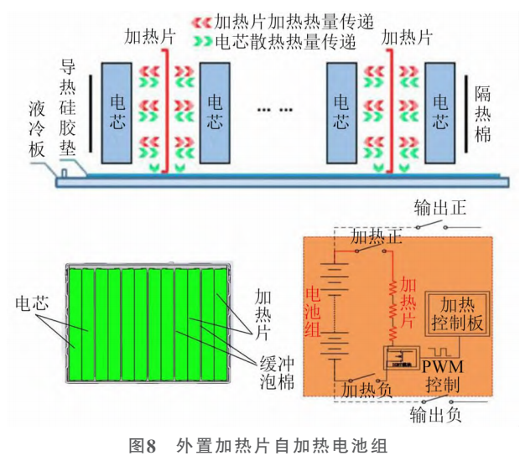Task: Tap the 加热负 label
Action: pyautogui.click(x=361, y=388)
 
